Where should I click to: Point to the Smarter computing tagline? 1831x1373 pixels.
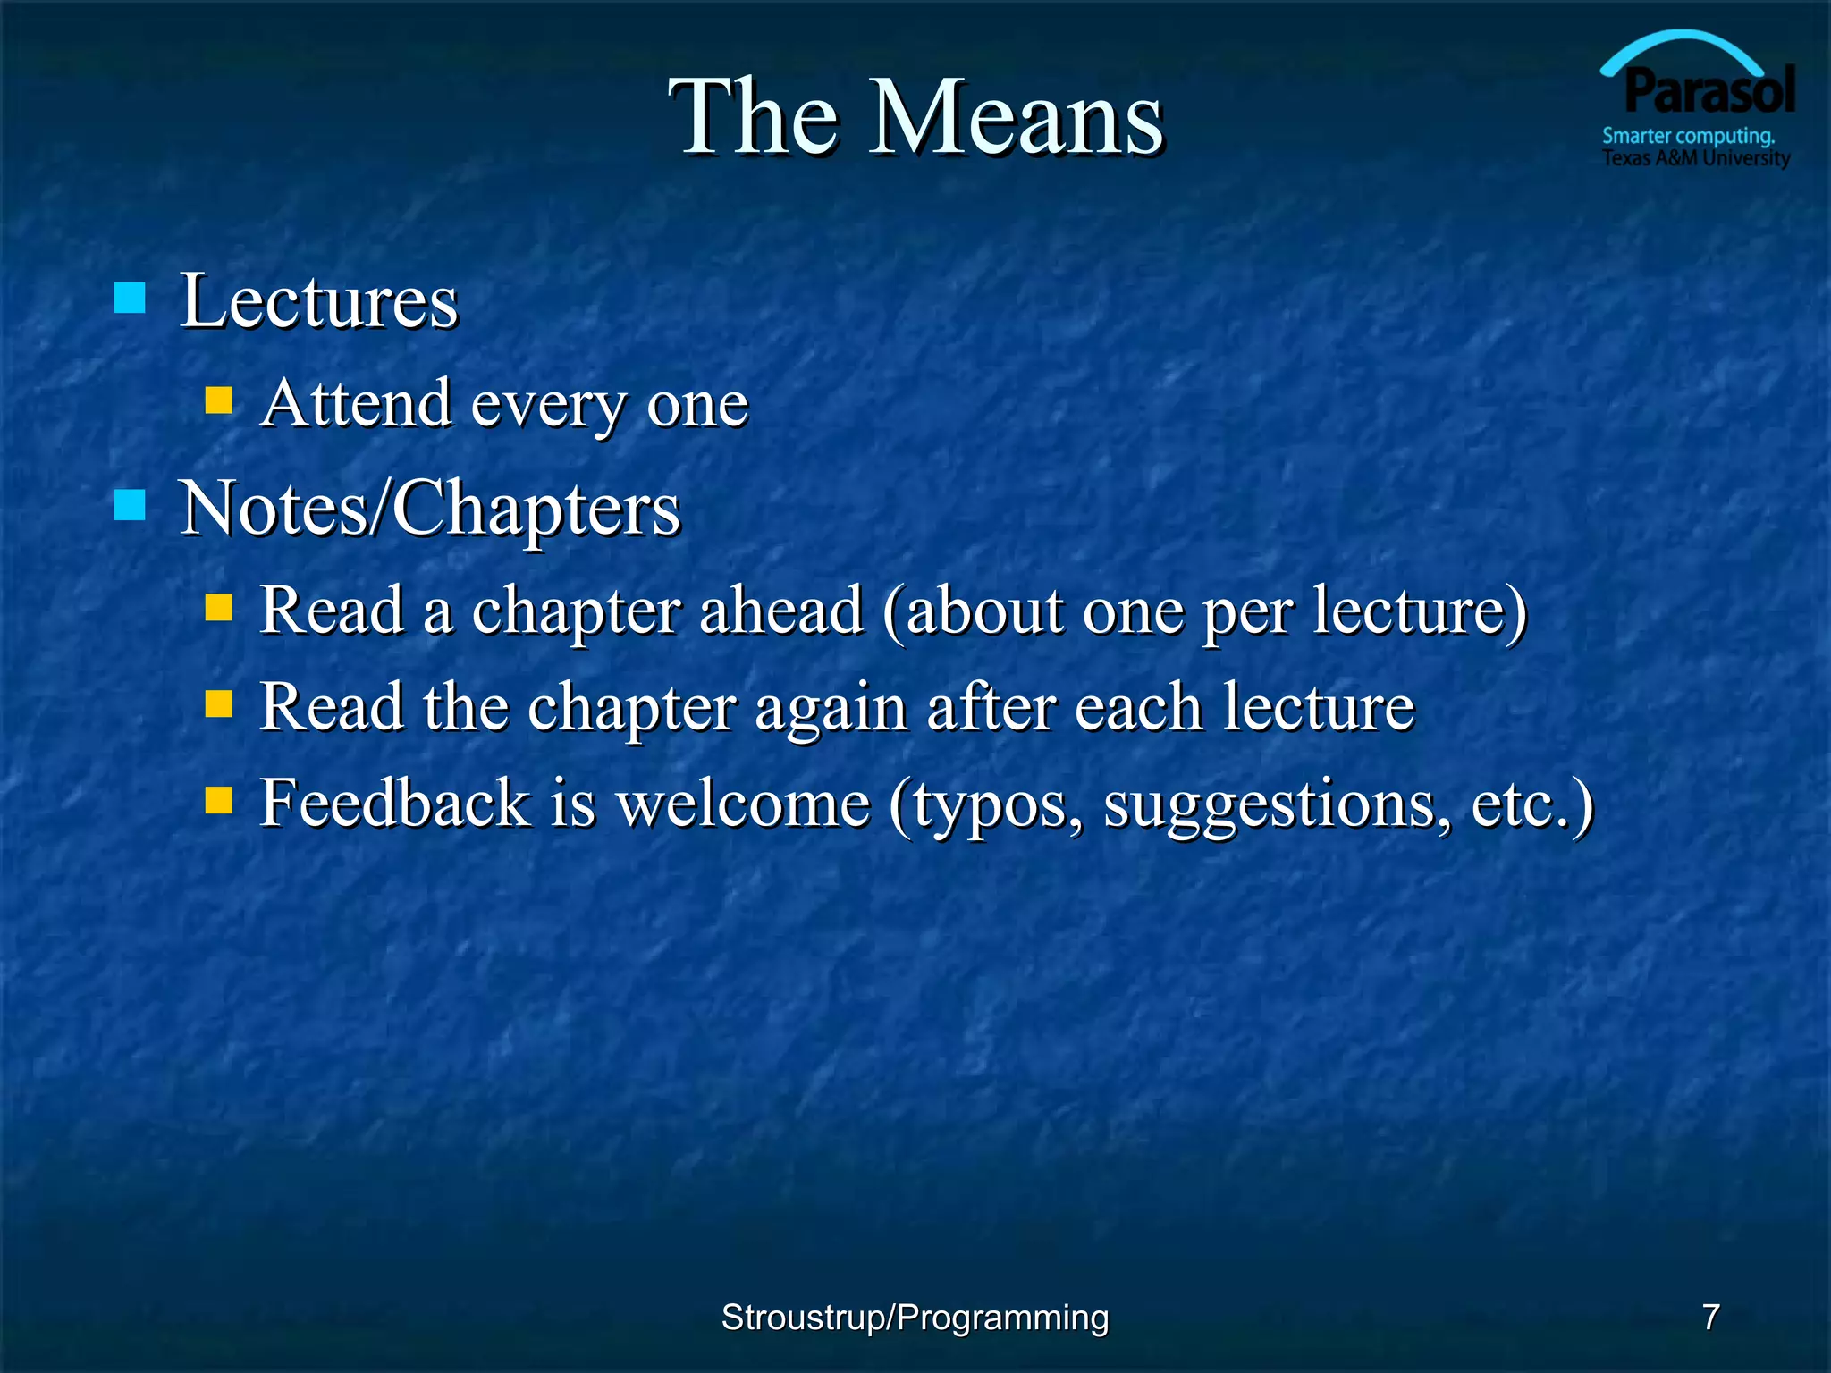pos(1688,136)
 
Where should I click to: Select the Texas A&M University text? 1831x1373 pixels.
pos(1695,158)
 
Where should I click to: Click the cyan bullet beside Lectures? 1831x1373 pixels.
pos(131,299)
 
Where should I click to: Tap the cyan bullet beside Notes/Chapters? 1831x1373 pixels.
pos(131,505)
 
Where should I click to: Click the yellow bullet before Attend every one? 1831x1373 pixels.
pos(218,400)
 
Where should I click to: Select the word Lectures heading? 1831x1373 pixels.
pos(319,300)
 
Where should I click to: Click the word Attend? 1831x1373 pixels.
pos(356,403)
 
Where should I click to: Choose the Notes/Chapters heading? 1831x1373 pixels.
pos(430,508)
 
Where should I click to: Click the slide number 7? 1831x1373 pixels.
pos(1710,1317)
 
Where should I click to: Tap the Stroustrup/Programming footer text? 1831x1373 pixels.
pos(915,1318)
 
